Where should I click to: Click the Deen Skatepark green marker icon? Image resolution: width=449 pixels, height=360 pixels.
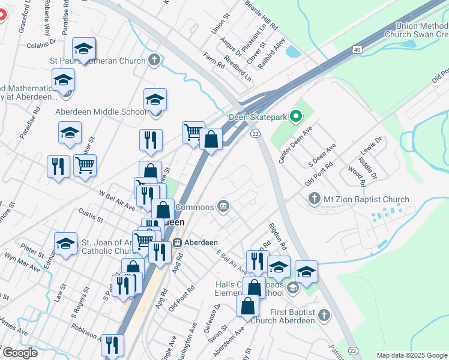pyautogui.click(x=295, y=116)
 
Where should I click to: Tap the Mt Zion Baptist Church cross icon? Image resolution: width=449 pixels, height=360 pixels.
pyautogui.click(x=313, y=199)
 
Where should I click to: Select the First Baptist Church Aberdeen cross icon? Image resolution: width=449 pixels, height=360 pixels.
pyautogui.click(x=324, y=314)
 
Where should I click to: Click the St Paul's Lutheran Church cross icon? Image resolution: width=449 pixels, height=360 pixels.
pyautogui.click(x=154, y=60)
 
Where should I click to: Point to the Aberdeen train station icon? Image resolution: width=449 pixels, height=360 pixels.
pyautogui.click(x=177, y=242)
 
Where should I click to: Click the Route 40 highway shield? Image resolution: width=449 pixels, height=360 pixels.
pyautogui.click(x=358, y=49)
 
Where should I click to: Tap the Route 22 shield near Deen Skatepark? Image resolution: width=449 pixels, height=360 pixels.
pyautogui.click(x=255, y=133)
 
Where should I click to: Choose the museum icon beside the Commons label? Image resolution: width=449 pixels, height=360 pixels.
pyautogui.click(x=223, y=207)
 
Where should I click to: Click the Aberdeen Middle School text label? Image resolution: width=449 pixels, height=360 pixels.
pyautogui.click(x=101, y=112)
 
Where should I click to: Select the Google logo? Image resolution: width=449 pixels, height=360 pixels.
pyautogui.click(x=20, y=353)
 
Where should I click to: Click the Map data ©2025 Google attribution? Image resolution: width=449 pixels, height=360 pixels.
pyautogui.click(x=412, y=355)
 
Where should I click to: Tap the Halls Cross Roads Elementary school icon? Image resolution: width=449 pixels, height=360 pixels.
pyautogui.click(x=292, y=288)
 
